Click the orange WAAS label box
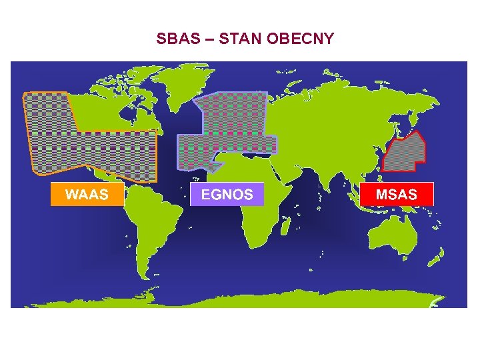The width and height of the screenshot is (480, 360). pos(87,195)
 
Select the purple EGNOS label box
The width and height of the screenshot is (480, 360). pos(227,195)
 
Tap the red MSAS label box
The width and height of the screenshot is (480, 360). pos(397,195)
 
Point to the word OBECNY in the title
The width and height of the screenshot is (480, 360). pos(300,39)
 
